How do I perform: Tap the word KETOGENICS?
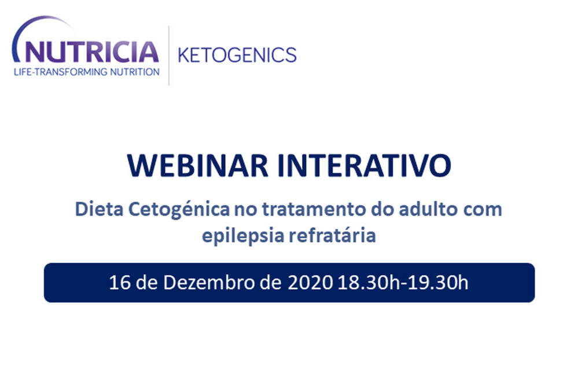coord(237,55)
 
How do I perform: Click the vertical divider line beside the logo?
coord(169,55)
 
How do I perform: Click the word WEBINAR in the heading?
coord(197,166)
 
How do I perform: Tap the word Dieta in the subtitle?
coord(99,209)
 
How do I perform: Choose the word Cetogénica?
coord(179,210)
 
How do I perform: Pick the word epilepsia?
coord(242,236)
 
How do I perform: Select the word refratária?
coord(332,235)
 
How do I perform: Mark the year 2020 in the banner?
coord(310,283)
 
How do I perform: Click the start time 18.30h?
coord(368,283)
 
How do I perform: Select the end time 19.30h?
coord(437,283)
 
